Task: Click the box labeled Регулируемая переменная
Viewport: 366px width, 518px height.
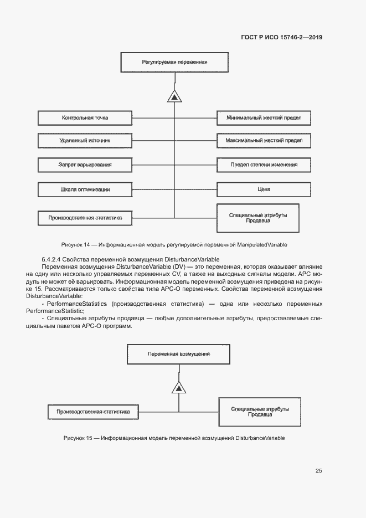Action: (174, 62)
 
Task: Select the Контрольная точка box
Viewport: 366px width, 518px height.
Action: (85, 118)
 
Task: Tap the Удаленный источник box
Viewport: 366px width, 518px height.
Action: (85, 141)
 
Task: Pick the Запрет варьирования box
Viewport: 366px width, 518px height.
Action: (85, 165)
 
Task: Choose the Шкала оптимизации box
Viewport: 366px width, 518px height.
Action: (85, 189)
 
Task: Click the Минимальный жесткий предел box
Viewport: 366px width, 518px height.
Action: (264, 118)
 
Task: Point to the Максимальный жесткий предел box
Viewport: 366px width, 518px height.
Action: (264, 141)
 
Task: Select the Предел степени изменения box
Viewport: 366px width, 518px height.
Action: (264, 165)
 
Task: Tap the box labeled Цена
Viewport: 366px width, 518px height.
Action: (264, 189)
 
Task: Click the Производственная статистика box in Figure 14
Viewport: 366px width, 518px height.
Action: (85, 218)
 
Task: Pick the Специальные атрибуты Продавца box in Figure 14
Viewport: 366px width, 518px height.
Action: (258, 218)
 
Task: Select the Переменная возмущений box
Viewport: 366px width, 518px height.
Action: (178, 353)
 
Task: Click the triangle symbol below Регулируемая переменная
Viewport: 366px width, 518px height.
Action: (174, 98)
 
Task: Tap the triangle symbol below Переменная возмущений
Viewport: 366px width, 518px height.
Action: (178, 387)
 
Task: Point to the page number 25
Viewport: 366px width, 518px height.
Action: (318, 471)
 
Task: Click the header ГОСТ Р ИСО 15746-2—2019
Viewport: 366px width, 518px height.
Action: (282, 38)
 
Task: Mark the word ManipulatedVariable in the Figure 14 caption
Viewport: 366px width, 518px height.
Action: (262, 244)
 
